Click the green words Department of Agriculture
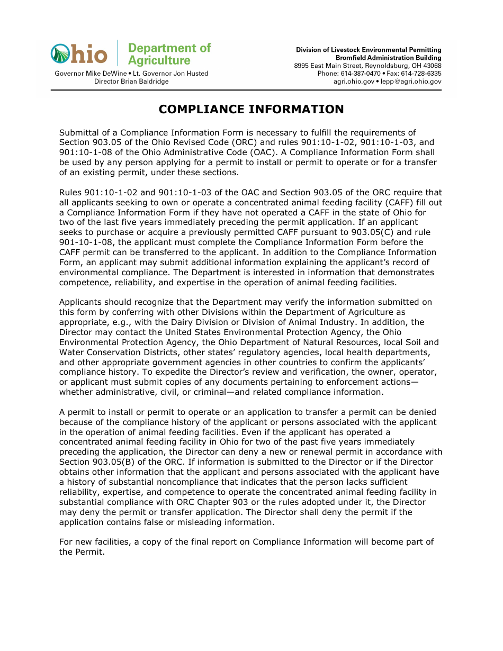(x=169, y=54)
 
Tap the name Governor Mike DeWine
(x=91, y=74)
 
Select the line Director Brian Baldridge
(x=131, y=82)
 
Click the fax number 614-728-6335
(x=421, y=74)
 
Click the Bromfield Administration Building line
(x=388, y=58)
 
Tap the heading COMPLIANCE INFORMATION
(x=251, y=109)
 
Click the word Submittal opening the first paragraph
(x=78, y=132)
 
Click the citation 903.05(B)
(x=88, y=462)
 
